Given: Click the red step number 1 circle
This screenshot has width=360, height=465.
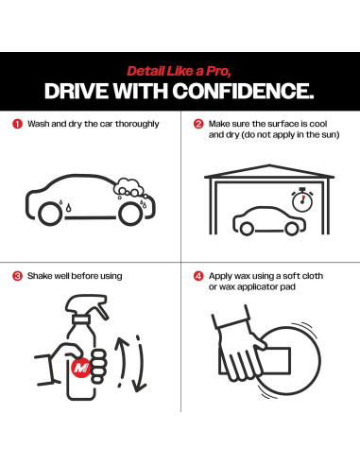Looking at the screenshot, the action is click(x=17, y=124).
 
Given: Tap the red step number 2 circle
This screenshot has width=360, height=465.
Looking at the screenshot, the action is click(x=198, y=124).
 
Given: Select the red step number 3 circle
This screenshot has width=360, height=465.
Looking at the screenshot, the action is click(x=17, y=276).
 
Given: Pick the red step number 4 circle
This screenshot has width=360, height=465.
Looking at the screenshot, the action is click(x=198, y=276).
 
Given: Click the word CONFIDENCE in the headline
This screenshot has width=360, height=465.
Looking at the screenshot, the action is click(x=243, y=91).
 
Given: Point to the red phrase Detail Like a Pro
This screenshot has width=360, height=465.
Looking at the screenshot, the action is click(x=179, y=71).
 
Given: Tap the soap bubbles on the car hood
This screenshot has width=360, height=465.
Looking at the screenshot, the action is click(x=129, y=187).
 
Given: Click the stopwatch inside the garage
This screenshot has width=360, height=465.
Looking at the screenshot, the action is click(x=302, y=200).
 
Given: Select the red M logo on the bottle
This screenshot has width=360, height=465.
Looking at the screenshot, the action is click(x=81, y=368).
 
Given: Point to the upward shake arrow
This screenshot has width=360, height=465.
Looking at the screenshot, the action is click(x=121, y=357).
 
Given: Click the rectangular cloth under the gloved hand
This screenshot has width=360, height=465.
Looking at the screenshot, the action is click(x=273, y=361).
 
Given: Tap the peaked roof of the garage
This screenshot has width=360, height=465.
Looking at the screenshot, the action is click(x=269, y=171).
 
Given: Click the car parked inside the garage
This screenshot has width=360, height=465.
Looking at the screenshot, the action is click(x=269, y=221).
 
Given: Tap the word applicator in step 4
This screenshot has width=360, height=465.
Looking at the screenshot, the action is click(x=261, y=287).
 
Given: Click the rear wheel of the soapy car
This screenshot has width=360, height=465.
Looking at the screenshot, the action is click(x=50, y=214).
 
